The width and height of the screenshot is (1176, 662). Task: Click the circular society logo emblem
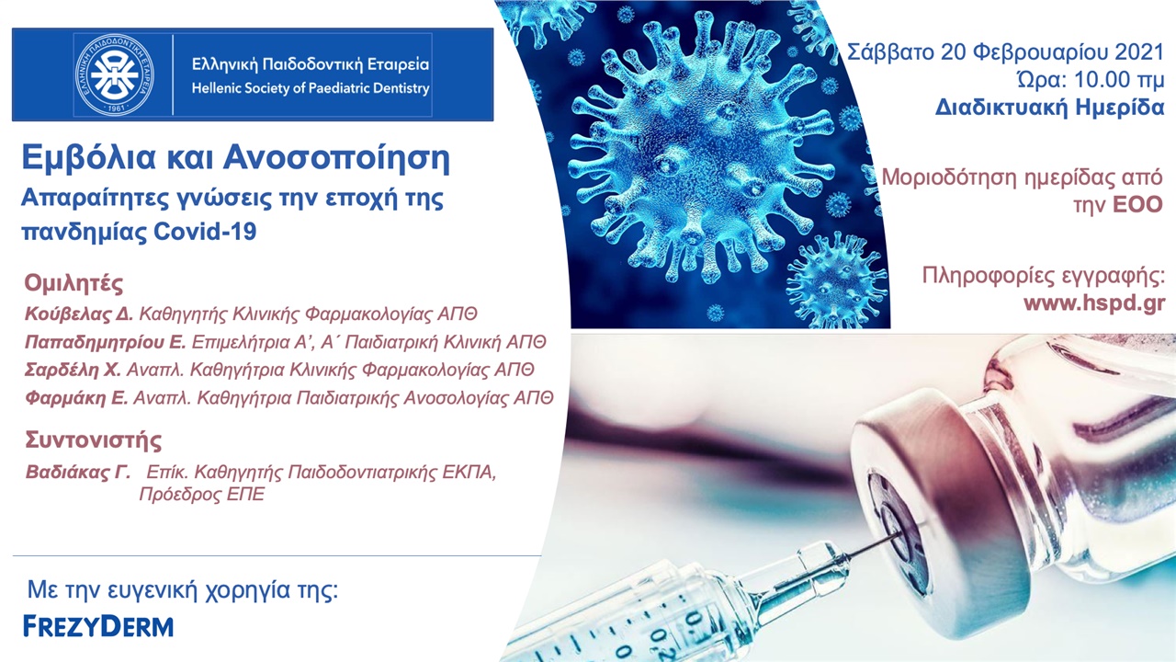[114, 74]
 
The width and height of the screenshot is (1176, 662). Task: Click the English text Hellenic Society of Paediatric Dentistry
[311, 89]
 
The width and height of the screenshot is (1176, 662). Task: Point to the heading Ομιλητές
[73, 282]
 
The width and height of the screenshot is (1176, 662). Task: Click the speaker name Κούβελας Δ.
[79, 314]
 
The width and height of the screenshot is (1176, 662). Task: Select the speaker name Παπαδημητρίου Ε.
[107, 342]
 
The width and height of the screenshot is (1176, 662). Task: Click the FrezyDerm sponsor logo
[98, 627]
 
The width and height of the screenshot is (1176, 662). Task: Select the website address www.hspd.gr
[1094, 304]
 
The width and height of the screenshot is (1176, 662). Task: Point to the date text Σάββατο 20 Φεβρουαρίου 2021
[1005, 51]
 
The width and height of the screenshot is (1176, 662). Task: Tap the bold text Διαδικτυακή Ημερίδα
[1050, 108]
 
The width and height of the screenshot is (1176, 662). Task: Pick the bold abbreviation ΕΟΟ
[1138, 203]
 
